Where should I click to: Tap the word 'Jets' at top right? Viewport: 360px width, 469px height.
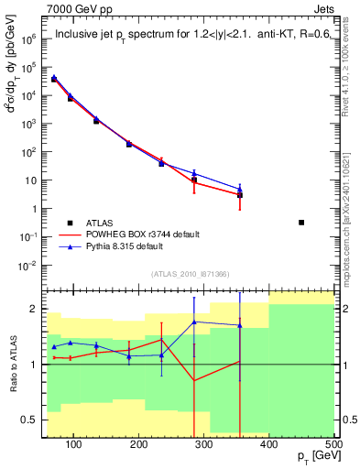point(322,8)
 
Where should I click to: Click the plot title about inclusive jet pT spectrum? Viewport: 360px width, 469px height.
point(187,36)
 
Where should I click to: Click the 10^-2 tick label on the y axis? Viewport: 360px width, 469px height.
point(28,266)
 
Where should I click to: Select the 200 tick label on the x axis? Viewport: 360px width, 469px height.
point(138,443)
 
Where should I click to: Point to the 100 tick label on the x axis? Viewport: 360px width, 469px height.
point(74,443)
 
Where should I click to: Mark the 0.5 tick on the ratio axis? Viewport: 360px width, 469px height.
point(29,420)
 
